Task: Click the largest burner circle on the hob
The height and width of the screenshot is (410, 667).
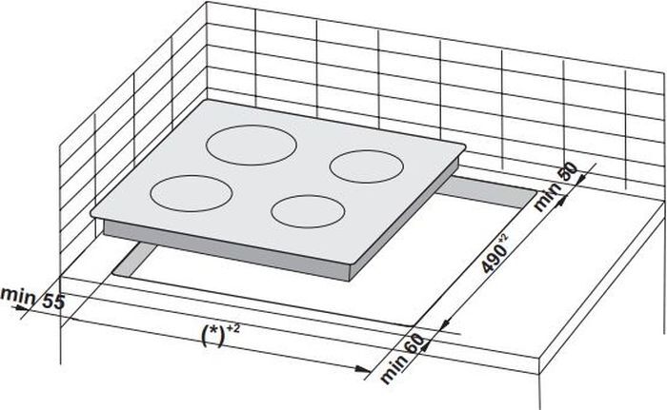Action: pos(251,126)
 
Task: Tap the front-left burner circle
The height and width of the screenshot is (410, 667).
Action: pos(191,176)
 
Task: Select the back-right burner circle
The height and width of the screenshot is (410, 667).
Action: pos(366,151)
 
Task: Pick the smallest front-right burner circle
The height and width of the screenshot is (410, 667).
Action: pos(308,196)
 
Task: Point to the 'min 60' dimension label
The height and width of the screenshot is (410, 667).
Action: pos(402,359)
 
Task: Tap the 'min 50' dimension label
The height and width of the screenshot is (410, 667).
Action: pos(556,186)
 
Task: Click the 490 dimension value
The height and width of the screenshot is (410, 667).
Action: pos(494,259)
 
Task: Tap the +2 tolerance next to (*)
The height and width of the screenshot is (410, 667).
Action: pos(233,328)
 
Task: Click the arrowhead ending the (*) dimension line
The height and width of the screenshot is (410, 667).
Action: pos(363,369)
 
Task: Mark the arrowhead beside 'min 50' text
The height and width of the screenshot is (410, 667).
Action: pos(561,200)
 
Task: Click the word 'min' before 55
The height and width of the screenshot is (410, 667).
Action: pos(17,295)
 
